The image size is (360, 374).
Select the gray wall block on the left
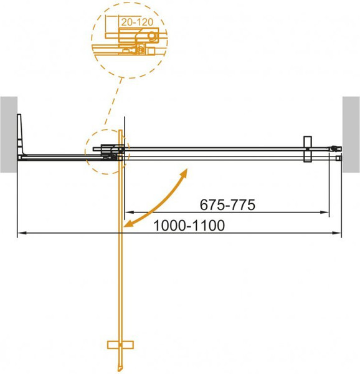tap(8, 135)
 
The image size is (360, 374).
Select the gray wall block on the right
tap(351, 134)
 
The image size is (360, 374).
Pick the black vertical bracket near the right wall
tap(306, 150)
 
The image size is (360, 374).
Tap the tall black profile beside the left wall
tap(22, 134)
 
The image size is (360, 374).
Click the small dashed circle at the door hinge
tap(107, 153)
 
